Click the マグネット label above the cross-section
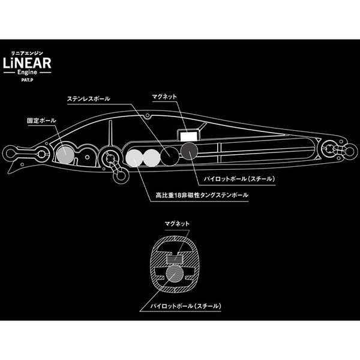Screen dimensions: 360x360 pos(177,223)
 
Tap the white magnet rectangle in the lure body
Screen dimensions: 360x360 pos(189,137)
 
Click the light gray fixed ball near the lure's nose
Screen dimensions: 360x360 pos(64,155)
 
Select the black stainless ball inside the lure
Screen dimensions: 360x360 pos(170,155)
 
